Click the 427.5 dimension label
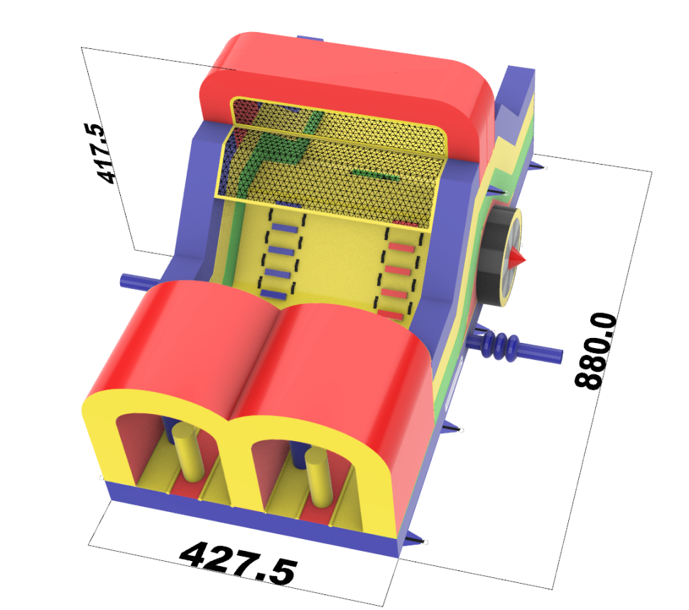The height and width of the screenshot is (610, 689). point(239,563)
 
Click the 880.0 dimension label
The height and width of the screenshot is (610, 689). point(596,351)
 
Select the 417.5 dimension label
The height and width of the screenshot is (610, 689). point(102,153)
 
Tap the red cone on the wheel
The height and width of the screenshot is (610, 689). point(517,258)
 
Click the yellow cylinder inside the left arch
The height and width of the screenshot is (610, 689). point(188,452)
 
